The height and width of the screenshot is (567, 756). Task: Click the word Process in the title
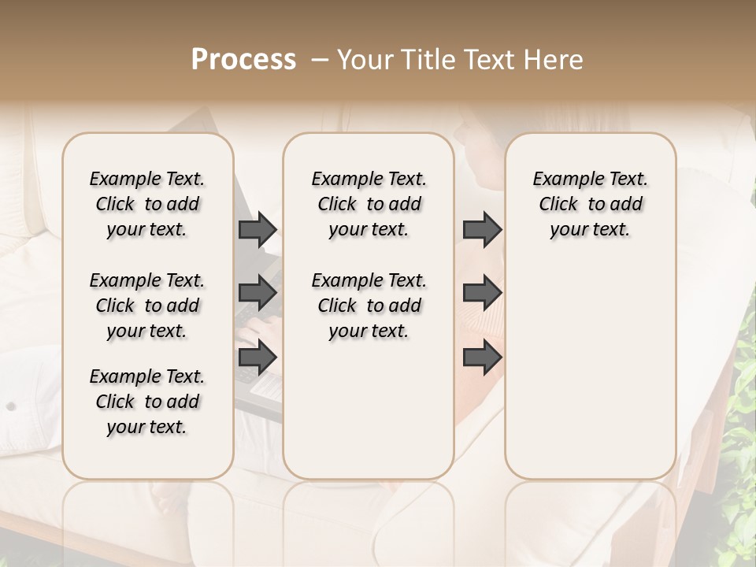point(243,60)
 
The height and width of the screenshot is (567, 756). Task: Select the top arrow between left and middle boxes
point(258,229)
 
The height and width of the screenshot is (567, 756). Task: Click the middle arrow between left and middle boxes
point(258,293)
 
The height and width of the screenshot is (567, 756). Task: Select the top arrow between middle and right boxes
point(482,229)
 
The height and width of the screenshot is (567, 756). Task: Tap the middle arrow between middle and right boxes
point(482,293)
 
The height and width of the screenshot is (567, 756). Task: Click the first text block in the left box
point(147,204)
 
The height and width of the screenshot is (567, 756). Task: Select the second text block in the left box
point(147,306)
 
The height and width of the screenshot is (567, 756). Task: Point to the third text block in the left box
point(147,402)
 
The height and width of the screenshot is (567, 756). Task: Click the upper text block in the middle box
point(369,204)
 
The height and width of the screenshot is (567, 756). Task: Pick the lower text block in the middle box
point(369,306)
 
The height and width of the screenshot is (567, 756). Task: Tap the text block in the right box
point(590,204)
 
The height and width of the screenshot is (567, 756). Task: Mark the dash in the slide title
point(320,60)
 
